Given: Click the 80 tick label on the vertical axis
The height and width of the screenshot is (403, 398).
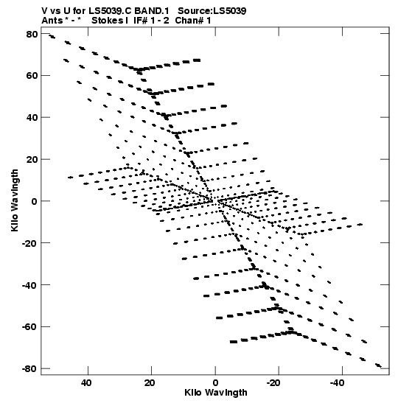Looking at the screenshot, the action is pos(32,34).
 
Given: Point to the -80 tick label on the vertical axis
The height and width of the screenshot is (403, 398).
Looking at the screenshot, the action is pos(29,369).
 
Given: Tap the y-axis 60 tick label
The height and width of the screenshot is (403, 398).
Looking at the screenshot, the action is pos(32,76).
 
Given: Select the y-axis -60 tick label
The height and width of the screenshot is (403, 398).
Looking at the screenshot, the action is pos(29,327).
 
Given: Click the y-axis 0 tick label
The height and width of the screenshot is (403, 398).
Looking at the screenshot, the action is pos(35,201).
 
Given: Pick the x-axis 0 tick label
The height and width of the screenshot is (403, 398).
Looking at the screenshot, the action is pos(215,383).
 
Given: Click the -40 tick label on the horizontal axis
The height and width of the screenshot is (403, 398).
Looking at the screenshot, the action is pos(337,383).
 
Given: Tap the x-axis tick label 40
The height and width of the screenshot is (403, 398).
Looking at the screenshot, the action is pos(86,383).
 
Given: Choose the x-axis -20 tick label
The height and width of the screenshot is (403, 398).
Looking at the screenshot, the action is pos(273,383).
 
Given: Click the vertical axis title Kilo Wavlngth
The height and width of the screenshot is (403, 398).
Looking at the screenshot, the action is pos(15,200).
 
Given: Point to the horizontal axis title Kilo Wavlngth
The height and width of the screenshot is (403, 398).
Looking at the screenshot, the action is pos(216,393).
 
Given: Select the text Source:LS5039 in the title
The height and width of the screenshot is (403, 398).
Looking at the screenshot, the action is pos(212,11).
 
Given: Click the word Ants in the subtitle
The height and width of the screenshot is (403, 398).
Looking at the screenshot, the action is pos(52,21).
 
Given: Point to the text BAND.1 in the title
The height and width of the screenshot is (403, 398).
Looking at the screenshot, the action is pos(152,11).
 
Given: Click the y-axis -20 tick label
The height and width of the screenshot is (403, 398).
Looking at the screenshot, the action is pos(29,243).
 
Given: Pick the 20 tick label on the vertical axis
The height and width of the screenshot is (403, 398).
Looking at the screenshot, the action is pos(32,160).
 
